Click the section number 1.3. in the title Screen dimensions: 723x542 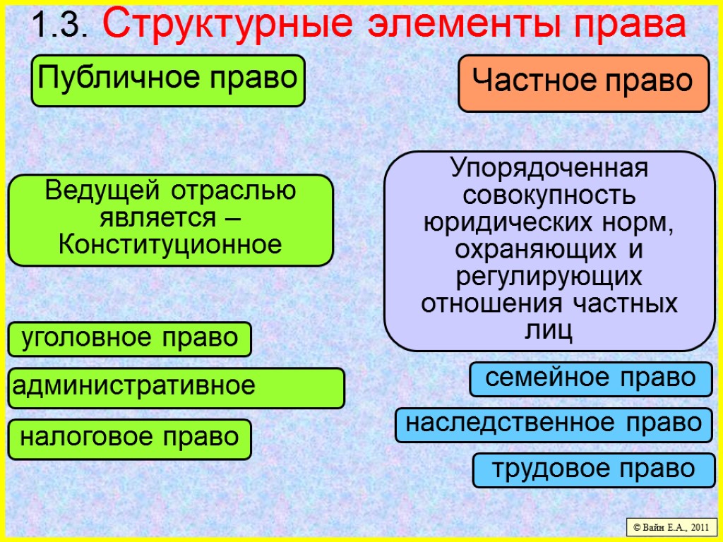coord(59,26)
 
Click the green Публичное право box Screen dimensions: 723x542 coord(167,79)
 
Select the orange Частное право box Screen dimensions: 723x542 coord(583,83)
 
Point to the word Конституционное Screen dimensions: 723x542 coord(170,245)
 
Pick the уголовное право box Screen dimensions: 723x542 coord(130,339)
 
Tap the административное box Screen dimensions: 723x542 coord(176,387)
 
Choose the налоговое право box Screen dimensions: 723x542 coord(130,438)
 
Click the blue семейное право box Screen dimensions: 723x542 coord(591,379)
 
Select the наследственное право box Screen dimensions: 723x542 coord(554,424)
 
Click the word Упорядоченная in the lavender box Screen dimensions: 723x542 coord(549,169)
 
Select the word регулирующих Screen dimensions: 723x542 coord(549,277)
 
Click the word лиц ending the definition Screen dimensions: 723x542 coord(549,330)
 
